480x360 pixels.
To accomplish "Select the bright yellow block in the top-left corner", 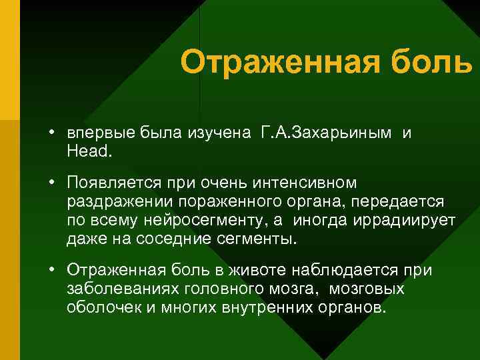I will point(9,60).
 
